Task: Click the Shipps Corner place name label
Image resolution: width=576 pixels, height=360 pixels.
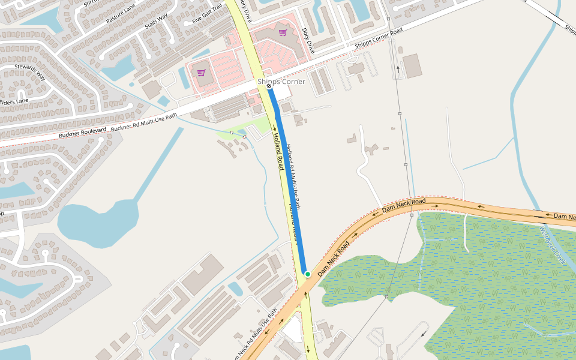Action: (281, 82)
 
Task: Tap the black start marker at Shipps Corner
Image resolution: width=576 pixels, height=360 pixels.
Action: (269, 87)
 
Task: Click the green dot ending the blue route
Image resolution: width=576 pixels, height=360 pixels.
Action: (307, 274)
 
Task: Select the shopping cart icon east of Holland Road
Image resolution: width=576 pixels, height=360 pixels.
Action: (283, 32)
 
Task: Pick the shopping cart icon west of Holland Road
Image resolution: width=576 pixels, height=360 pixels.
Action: (202, 73)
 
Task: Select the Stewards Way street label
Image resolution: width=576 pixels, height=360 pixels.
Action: (31, 71)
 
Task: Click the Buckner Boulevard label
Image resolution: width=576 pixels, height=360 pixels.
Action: (82, 133)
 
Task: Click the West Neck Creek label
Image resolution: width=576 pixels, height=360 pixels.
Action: (553, 245)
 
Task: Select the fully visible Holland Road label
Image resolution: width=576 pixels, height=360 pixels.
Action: (278, 151)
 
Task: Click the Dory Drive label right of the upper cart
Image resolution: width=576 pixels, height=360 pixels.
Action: (308, 40)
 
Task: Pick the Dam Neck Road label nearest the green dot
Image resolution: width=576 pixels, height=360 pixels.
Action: (334, 259)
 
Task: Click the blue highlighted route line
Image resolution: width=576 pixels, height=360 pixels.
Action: (288, 180)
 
